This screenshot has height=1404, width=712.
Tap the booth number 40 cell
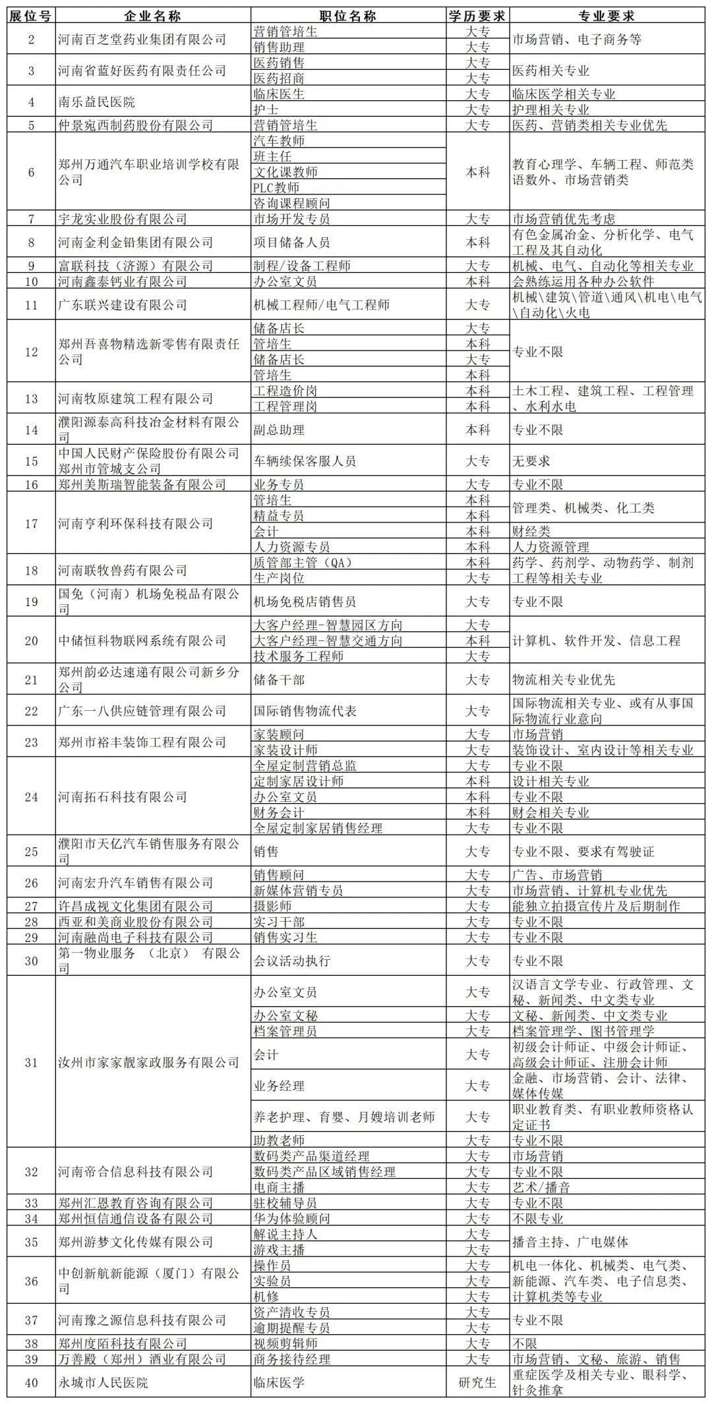click(31, 1382)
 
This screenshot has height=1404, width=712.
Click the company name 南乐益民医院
click(96, 102)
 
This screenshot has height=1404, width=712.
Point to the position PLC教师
click(276, 188)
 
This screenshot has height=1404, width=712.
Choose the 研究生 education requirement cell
click(477, 1382)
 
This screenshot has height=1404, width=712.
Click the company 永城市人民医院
click(103, 1382)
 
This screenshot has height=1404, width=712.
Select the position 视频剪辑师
click(285, 1343)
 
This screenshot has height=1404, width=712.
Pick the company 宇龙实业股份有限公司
click(123, 219)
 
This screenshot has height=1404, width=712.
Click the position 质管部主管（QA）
click(303, 563)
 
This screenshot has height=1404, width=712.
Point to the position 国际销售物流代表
click(305, 711)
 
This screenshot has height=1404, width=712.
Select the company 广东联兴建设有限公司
click(123, 305)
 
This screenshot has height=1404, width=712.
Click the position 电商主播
click(279, 1187)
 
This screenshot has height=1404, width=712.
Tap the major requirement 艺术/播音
click(541, 1187)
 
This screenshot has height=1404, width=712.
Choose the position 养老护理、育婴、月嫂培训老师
click(344, 1117)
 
